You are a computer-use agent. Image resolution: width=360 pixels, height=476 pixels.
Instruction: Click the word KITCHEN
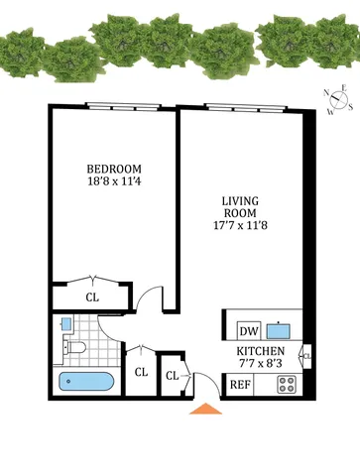coord(262,352)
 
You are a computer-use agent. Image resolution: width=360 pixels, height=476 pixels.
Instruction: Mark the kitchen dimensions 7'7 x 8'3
coord(262,365)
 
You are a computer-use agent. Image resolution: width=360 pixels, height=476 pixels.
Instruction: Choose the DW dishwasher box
coord(248,330)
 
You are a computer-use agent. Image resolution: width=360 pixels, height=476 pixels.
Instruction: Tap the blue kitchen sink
coord(281,329)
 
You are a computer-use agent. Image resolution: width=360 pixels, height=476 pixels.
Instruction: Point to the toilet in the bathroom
coord(73,346)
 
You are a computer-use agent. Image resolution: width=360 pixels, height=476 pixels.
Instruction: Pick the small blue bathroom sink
coord(64,323)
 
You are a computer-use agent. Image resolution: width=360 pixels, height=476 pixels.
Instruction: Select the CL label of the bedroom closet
coord(91,296)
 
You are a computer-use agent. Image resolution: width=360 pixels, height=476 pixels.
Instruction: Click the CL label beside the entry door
coord(172,376)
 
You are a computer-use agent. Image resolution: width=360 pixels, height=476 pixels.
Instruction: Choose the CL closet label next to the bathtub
coord(141,372)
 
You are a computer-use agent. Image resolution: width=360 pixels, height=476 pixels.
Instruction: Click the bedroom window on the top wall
coord(115,106)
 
